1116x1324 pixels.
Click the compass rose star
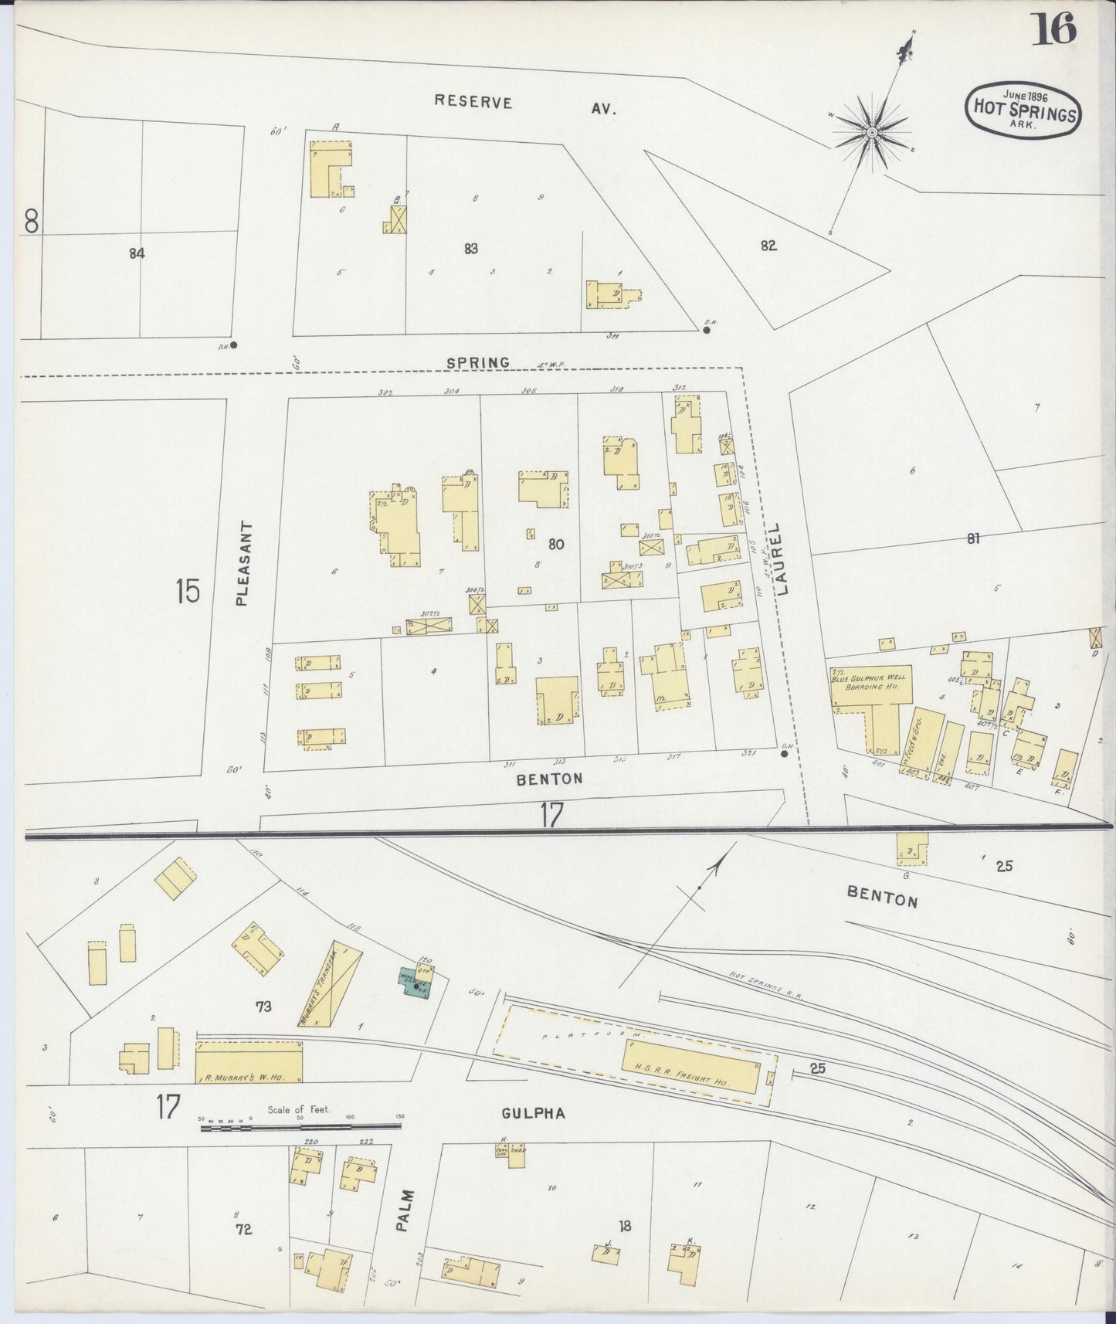pos(871,132)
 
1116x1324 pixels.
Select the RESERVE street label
pos(473,101)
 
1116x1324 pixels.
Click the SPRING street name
pos(477,362)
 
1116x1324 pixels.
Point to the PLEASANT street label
pos(242,562)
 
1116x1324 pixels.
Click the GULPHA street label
pos(533,1113)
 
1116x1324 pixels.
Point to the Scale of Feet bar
pos(301,1128)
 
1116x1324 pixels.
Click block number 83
pos(471,249)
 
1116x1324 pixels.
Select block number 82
pos(768,246)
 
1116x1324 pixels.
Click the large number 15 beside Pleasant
pos(187,591)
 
